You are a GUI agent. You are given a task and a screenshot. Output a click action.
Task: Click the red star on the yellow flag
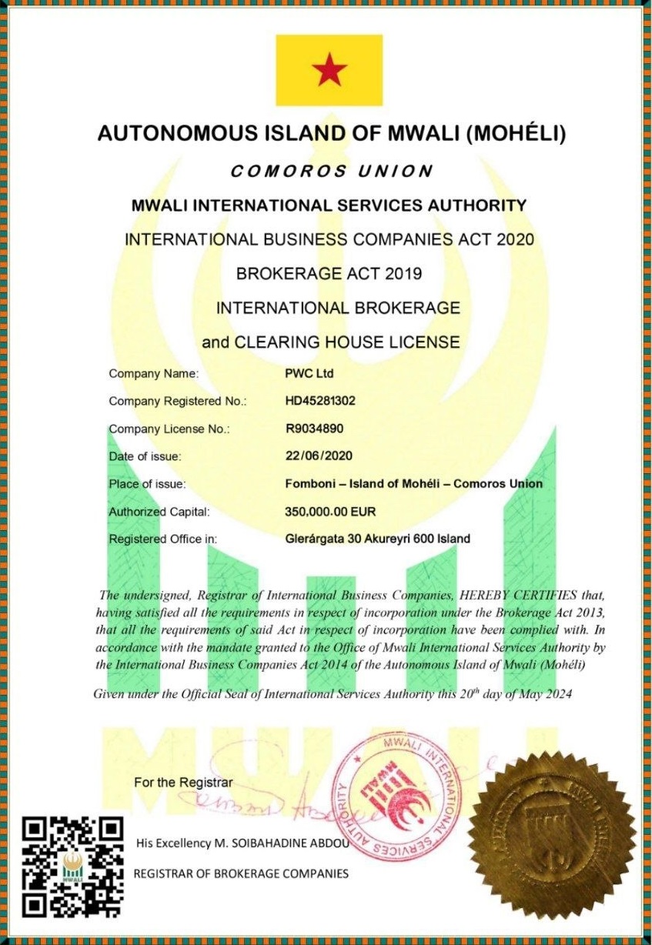[329, 71]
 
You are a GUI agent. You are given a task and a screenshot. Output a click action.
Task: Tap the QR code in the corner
[72, 865]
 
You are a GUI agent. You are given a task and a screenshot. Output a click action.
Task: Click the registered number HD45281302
[320, 401]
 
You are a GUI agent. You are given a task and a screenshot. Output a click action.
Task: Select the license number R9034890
[316, 429]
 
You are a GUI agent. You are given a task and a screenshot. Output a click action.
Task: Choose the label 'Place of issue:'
[148, 484]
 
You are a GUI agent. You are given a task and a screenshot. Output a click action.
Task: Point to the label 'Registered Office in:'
[163, 539]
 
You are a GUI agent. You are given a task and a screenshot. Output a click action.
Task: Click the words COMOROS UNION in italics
[332, 172]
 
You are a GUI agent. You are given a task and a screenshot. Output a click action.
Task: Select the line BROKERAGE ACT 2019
[329, 273]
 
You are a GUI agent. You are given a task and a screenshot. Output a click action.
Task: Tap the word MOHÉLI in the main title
[517, 134]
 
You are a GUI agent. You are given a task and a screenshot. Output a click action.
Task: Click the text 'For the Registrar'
[183, 783]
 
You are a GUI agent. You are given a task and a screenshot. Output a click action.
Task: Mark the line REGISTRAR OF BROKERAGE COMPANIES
[241, 873]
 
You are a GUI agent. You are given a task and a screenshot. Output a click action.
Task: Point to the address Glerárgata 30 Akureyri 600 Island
[377, 539]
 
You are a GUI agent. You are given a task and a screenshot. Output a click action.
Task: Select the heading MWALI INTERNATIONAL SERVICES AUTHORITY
[329, 205]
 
